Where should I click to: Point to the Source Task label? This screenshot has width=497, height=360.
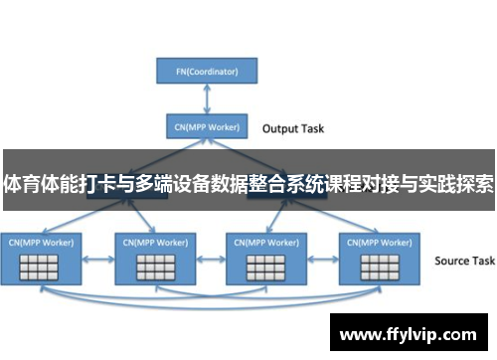[464, 261]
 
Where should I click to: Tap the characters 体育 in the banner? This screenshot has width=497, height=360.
[24, 184]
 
